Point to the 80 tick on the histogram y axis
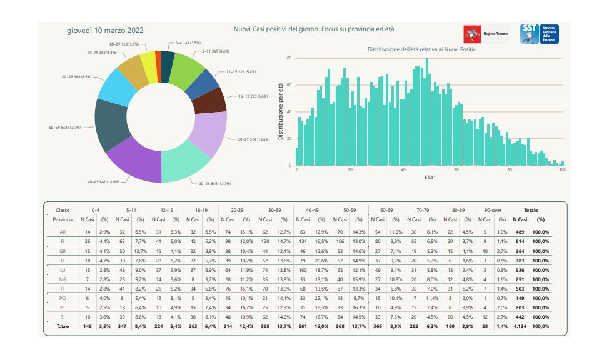click(x=289, y=58)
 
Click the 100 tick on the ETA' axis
click(x=563, y=170)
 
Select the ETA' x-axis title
click(x=430, y=177)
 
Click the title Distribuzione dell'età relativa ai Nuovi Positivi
click(x=423, y=49)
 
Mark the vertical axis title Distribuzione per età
click(x=281, y=111)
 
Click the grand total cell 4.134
click(x=518, y=326)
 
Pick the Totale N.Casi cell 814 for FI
click(x=518, y=240)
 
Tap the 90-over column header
click(x=488, y=211)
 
